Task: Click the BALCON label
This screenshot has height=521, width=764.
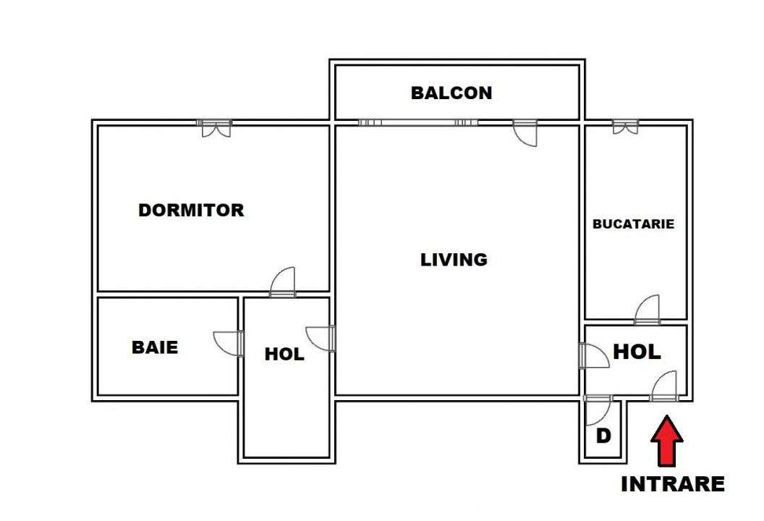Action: coord(451,93)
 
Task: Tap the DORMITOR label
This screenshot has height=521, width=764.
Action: coord(191,211)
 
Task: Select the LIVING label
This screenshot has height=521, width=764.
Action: coord(454,259)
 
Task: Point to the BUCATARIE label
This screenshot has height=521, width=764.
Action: coord(633,224)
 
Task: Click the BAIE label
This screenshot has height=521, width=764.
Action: coord(155,347)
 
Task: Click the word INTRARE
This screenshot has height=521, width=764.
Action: coord(672,484)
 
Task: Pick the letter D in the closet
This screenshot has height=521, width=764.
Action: coord(603,436)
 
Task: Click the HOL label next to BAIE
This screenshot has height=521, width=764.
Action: coord(284,355)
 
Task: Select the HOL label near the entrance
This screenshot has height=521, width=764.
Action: coord(637,352)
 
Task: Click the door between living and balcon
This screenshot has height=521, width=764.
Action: coord(525,133)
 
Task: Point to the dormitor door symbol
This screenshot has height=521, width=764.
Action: coord(283,281)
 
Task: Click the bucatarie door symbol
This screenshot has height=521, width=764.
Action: coord(647,309)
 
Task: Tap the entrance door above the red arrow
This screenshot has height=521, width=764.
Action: coord(663,386)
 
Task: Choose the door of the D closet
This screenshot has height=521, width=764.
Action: coord(598,410)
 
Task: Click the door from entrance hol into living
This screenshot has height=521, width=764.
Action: coord(594,355)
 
